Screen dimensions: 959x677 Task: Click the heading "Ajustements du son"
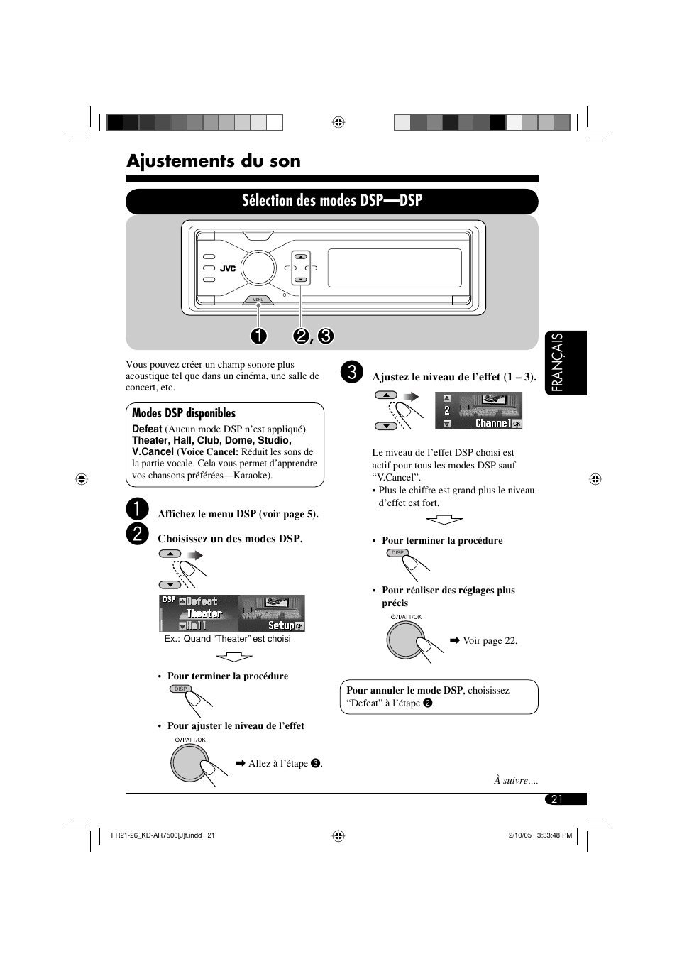point(213,161)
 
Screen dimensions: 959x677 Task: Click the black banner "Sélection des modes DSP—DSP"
point(331,201)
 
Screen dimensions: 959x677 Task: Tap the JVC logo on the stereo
point(227,269)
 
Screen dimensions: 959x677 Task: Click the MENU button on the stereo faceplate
point(258,300)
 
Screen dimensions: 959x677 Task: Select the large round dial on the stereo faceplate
point(258,268)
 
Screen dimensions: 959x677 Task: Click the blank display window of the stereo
point(395,268)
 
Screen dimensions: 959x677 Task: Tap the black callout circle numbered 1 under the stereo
point(258,336)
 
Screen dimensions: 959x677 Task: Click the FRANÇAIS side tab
point(566,363)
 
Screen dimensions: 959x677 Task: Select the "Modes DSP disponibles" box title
point(184,413)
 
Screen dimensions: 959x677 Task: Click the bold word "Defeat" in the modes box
point(147,429)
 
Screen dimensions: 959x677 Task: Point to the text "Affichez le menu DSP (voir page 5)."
point(238,514)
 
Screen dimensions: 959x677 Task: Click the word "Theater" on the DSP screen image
point(204,613)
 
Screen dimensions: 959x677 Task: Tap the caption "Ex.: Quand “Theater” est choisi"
point(227,639)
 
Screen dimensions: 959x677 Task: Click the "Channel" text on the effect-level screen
point(492,423)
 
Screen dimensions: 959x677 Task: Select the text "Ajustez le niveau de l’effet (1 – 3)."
point(454,377)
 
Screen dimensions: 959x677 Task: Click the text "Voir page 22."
point(490,640)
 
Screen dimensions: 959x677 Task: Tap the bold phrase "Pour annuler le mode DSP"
point(404,690)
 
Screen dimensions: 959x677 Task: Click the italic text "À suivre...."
point(516,780)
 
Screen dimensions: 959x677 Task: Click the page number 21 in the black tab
point(557,799)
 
